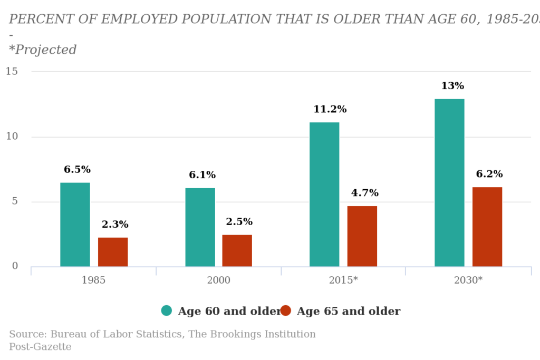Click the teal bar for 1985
75,225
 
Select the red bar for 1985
113,252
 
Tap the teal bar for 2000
200,227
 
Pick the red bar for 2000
237,250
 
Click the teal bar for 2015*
324,194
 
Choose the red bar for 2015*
362,236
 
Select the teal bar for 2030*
449,182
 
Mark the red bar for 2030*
487,227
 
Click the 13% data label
452,86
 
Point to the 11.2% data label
330,110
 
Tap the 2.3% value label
115,225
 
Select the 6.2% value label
489,174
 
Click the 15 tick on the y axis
12,71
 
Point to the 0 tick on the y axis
15,266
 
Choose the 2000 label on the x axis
218,280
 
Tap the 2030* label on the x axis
468,280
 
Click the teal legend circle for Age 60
167,311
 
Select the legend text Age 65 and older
348,312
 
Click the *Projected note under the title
43,50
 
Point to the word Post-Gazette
40,347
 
